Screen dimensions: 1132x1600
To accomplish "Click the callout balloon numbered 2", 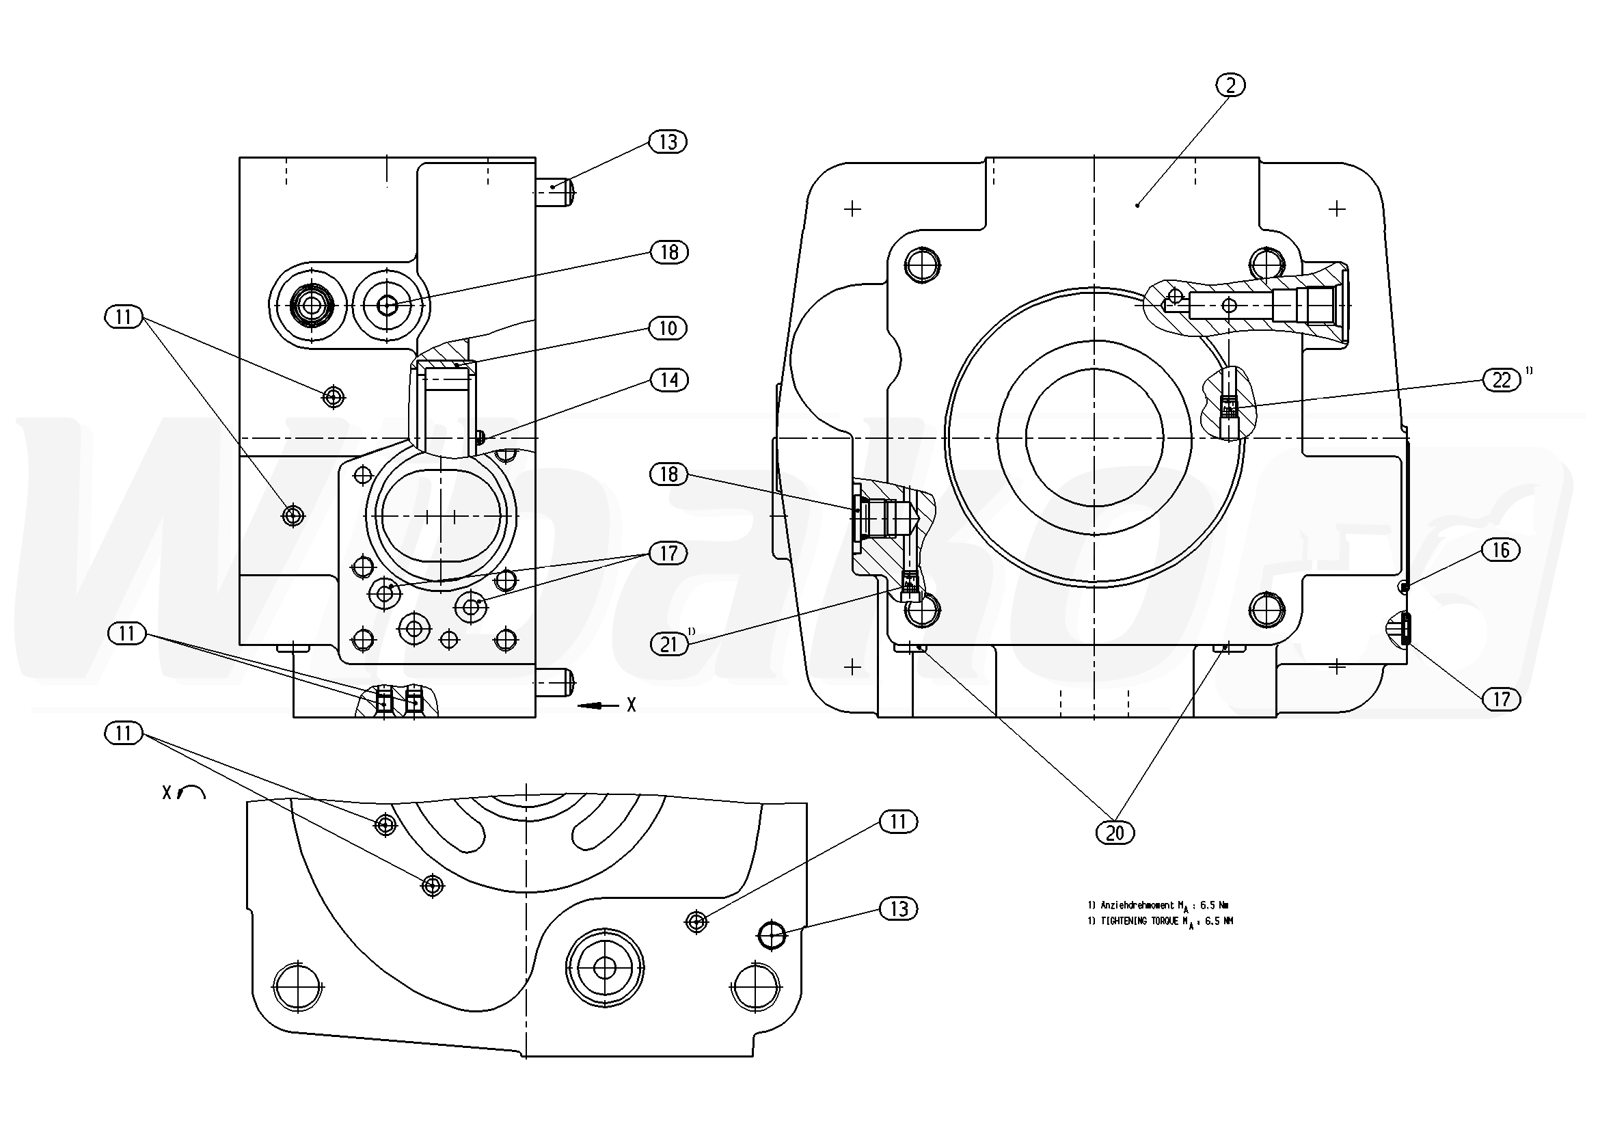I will (x=1232, y=85).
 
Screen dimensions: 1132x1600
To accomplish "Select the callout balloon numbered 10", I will (x=668, y=328).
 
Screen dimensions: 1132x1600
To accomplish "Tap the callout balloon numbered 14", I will (x=669, y=380).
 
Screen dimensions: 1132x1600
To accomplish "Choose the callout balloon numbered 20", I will (x=1115, y=833).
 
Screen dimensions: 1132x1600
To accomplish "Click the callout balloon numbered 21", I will (x=668, y=644).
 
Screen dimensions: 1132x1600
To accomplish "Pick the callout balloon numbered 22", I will (x=1501, y=381).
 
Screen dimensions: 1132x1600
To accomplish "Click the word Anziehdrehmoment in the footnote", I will (x=1137, y=906).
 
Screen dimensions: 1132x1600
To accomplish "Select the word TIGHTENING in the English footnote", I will (x=1124, y=921).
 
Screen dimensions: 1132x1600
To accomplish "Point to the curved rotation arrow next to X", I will (x=192, y=791).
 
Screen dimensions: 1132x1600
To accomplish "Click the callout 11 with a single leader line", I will (x=898, y=822).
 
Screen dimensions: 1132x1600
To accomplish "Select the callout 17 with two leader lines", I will (x=668, y=554).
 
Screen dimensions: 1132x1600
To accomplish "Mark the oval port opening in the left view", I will (x=440, y=516).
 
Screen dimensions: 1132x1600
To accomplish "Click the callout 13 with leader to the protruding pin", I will (x=668, y=142).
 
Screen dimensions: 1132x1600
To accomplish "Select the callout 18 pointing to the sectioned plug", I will (x=668, y=474).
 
